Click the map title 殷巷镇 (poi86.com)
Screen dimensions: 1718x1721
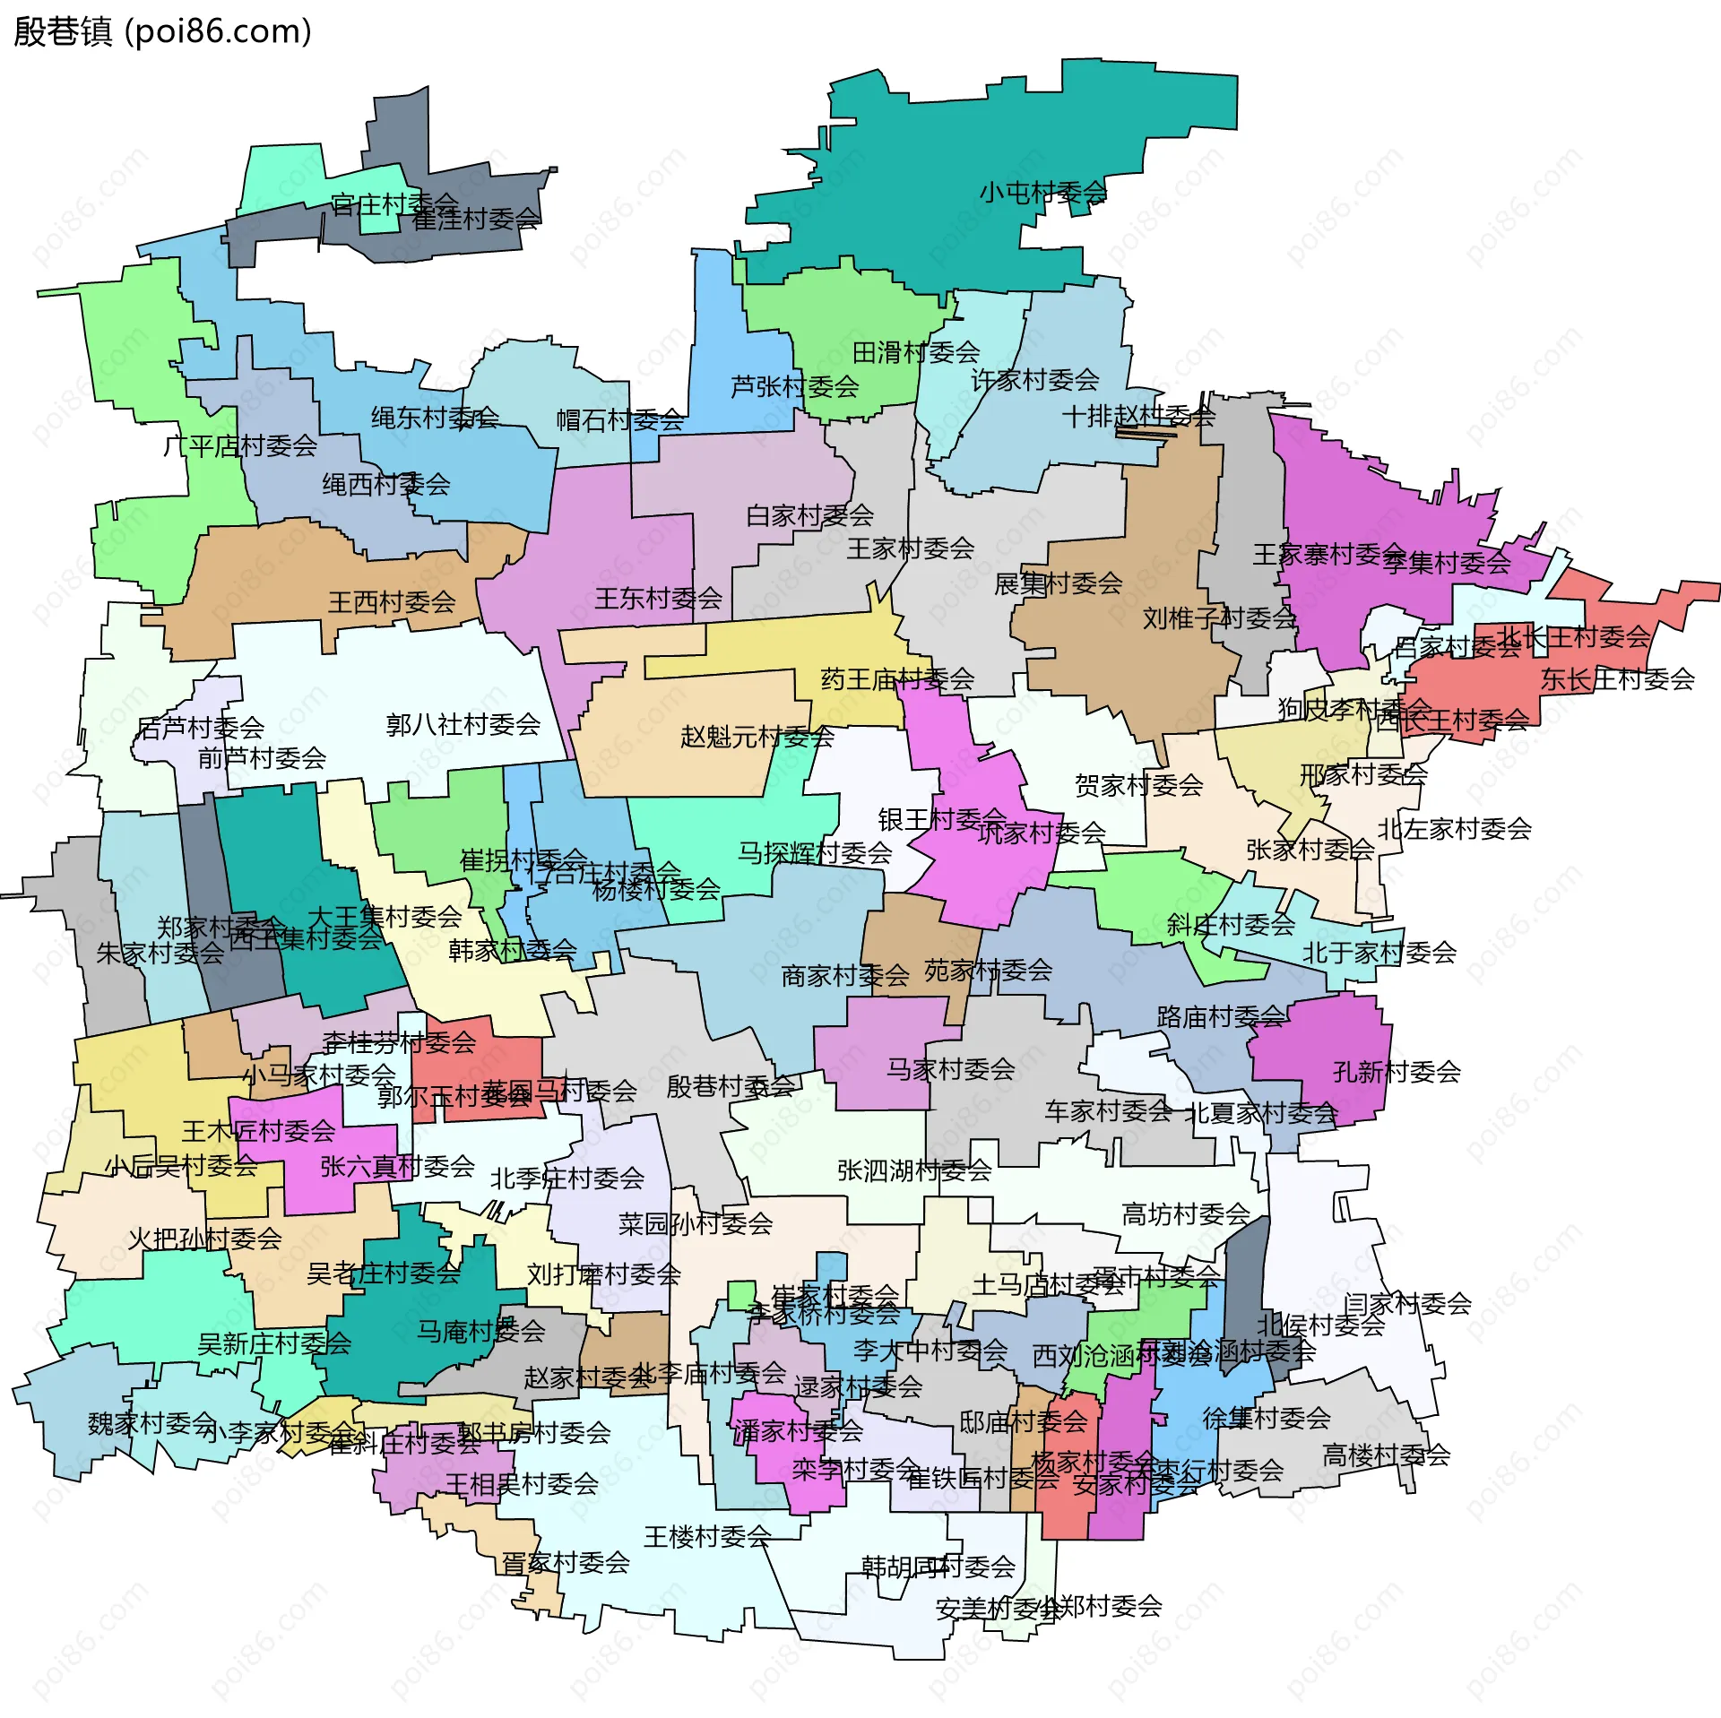162,31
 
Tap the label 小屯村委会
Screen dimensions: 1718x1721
1042,192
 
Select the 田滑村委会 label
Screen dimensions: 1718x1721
915,352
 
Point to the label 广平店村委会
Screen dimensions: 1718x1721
240,445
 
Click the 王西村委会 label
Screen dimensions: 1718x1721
392,602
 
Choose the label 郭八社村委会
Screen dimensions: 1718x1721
463,724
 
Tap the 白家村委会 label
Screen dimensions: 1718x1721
809,515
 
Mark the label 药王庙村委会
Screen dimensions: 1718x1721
897,679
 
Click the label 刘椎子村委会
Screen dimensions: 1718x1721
1219,617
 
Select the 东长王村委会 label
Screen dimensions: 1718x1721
1617,679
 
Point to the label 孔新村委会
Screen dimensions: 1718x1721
1397,1072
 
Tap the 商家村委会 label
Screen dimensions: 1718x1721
845,976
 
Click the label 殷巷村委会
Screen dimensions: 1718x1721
731,1087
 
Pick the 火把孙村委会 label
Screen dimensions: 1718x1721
204,1239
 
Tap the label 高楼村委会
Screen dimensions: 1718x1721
1386,1455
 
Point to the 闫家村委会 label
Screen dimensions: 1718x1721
1407,1304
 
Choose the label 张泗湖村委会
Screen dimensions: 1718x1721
914,1170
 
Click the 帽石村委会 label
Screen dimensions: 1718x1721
619,419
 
